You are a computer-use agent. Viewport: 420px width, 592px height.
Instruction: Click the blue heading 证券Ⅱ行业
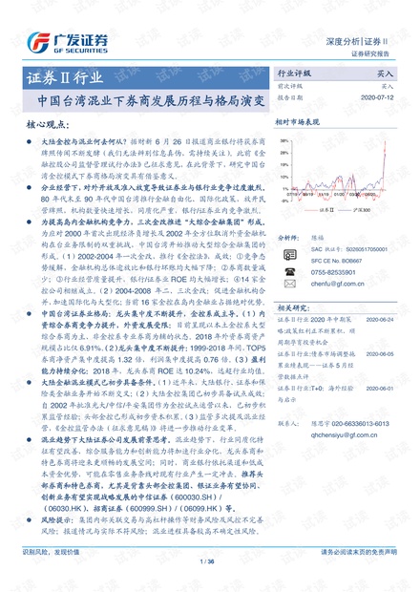58,77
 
